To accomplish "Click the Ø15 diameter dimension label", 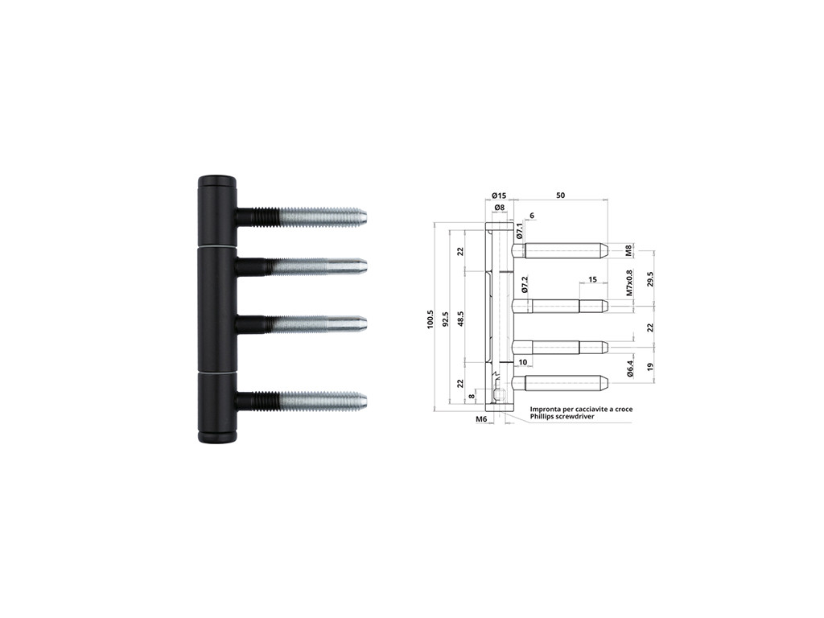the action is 499,196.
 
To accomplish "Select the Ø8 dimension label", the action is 499,208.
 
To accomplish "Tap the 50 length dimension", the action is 560,196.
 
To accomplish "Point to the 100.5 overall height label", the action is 431,319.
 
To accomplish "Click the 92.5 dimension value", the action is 445,319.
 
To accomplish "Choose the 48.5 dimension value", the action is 460,319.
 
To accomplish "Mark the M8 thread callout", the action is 629,250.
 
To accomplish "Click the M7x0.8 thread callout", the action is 629,282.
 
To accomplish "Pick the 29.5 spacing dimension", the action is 650,278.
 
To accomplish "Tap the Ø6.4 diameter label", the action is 629,369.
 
